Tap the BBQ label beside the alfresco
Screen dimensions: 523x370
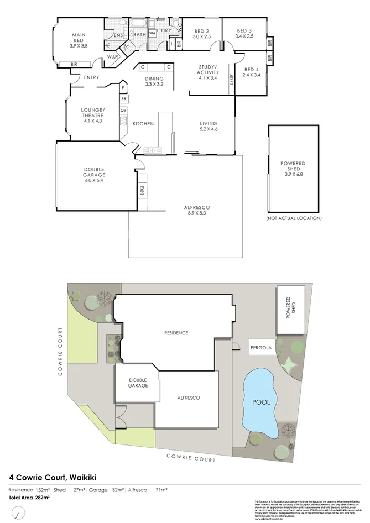142,191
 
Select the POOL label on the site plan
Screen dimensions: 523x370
261,402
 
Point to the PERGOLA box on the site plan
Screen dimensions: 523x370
260,348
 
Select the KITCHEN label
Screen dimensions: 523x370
143,124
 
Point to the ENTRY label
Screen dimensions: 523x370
91,77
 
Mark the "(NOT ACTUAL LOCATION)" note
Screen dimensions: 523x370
294,218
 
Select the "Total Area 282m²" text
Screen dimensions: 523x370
29,498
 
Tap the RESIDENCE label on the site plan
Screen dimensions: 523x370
176,333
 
